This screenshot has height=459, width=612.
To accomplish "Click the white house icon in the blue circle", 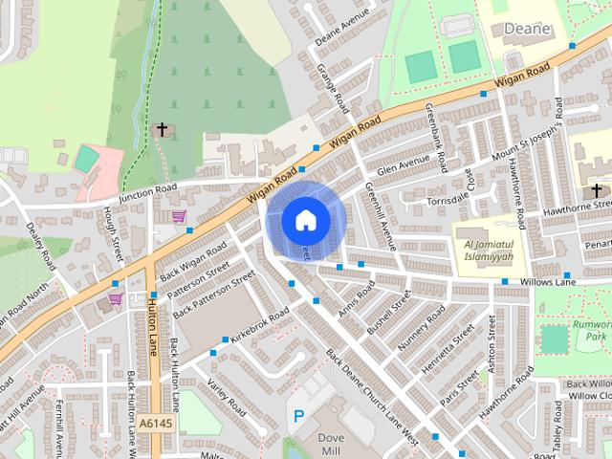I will point(304,221).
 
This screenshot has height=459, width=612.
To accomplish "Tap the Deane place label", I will point(528,29).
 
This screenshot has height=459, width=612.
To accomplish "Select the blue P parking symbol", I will point(299,417).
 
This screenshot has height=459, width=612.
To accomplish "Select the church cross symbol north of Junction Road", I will point(162,129).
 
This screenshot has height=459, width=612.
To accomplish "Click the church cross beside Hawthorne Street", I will point(597,190).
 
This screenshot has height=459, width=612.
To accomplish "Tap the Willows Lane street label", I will point(548,283).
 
